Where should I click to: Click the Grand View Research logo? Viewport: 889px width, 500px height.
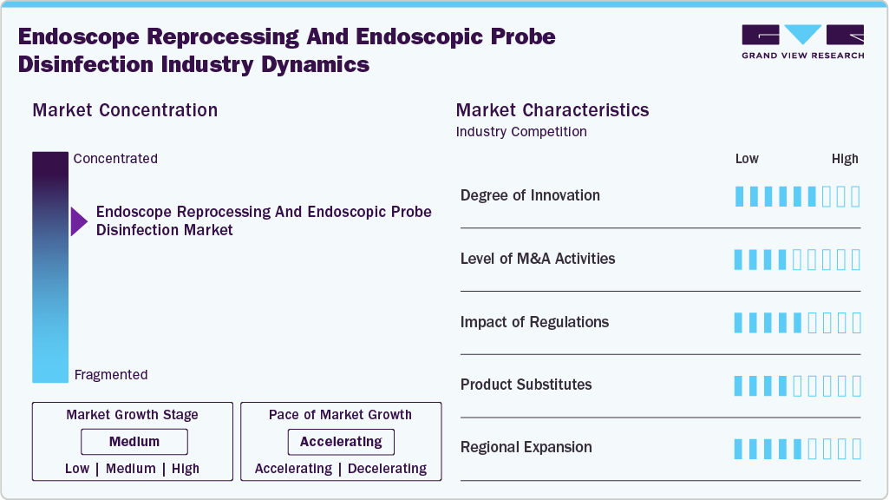tap(802, 41)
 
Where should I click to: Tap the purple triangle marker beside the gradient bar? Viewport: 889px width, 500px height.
tap(79, 221)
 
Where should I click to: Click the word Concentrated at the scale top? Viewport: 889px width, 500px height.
tap(115, 159)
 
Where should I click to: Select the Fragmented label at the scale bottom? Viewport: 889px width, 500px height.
tap(111, 375)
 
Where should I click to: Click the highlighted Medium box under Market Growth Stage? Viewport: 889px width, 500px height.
tap(134, 442)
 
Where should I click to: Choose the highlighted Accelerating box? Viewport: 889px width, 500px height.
tap(341, 442)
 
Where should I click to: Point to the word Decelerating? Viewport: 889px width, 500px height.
tap(387, 469)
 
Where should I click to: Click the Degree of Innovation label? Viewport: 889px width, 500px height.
tap(530, 195)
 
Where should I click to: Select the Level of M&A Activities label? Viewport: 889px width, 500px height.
tap(538, 259)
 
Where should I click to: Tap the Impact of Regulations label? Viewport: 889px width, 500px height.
tap(534, 322)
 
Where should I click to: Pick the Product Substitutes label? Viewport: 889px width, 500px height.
tap(526, 385)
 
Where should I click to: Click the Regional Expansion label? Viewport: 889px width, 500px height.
tap(526, 448)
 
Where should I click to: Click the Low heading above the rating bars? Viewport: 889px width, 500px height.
tap(747, 159)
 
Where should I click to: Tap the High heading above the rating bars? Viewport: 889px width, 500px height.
tap(845, 159)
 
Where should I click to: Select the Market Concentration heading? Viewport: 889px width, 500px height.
tap(125, 110)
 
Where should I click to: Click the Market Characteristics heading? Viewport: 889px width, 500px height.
tap(552, 110)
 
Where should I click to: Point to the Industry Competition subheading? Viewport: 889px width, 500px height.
tap(521, 132)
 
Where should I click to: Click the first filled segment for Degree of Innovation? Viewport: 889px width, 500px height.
tap(739, 196)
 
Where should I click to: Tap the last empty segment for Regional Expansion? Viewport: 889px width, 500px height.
tap(856, 449)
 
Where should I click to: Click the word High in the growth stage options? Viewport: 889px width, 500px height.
tap(186, 469)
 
